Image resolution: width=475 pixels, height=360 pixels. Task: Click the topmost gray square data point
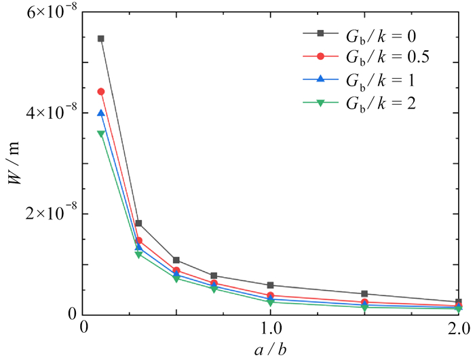pos(101,39)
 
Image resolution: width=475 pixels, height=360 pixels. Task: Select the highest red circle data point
pos(101,91)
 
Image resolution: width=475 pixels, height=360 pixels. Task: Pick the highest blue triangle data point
pos(101,113)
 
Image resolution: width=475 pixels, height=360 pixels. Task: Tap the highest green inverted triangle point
pos(101,134)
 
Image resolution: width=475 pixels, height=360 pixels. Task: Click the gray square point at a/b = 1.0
pos(271,285)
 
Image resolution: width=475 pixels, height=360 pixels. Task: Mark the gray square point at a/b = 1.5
pos(364,294)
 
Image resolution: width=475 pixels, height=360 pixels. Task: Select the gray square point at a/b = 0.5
pos(176,260)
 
